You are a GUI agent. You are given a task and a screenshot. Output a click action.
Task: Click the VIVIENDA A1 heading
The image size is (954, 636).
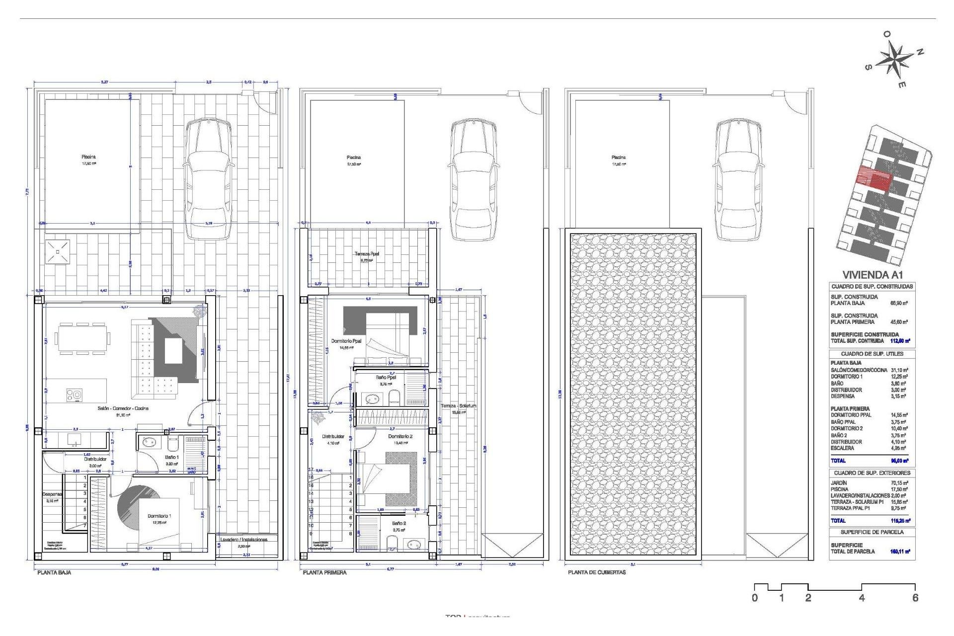point(872,275)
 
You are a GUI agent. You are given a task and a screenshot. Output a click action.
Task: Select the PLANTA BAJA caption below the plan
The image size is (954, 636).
point(54,572)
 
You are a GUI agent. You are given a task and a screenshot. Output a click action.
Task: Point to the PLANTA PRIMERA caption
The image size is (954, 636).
point(324,572)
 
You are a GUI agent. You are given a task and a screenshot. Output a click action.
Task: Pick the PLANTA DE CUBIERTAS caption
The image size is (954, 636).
point(597,572)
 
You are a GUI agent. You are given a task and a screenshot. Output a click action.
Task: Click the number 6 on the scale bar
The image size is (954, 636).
point(915,598)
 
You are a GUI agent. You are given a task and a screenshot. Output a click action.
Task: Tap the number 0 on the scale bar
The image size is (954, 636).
point(755,598)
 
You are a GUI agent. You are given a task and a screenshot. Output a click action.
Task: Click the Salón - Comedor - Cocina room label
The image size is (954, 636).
point(123,408)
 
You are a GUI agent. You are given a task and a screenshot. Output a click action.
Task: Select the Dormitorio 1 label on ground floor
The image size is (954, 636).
point(159,516)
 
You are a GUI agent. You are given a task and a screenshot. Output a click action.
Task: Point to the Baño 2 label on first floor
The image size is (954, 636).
point(399,523)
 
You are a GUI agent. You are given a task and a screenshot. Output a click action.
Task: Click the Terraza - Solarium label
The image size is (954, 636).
point(458,406)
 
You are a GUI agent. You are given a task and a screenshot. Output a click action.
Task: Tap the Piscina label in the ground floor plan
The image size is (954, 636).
point(89,157)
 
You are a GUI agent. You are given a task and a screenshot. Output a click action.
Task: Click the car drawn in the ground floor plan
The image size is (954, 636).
point(208,179)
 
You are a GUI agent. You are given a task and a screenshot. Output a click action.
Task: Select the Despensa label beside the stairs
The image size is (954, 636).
point(52,494)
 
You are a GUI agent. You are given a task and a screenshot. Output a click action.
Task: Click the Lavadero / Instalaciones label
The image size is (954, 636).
point(244,540)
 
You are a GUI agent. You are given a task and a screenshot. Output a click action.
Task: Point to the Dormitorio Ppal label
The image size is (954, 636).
point(346,341)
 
